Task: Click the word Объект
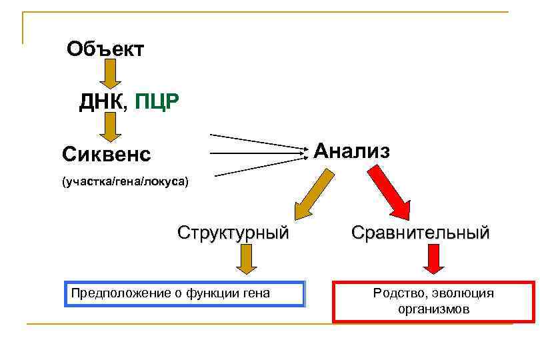click(105, 49)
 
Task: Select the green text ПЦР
click(157, 102)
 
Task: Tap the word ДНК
click(101, 102)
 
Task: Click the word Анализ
click(351, 151)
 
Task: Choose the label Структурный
click(233, 233)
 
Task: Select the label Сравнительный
click(421, 233)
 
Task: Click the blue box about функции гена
click(184, 293)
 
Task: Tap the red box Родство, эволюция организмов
click(433, 301)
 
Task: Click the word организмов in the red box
click(433, 309)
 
